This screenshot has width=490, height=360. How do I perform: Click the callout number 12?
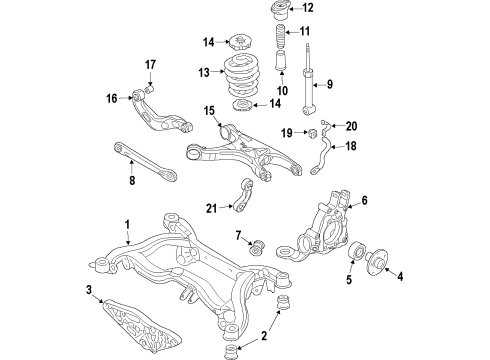click(x=308, y=7)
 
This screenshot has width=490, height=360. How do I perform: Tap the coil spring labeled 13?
click(x=241, y=76)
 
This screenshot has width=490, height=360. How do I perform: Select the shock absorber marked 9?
click(x=309, y=79)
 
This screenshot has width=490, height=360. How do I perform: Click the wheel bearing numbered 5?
click(x=356, y=251)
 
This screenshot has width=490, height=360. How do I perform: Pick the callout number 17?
click(x=150, y=64)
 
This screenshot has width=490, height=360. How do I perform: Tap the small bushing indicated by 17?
click(x=150, y=89)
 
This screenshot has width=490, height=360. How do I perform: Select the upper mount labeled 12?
click(x=281, y=10)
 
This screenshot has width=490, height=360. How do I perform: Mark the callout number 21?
click(x=211, y=209)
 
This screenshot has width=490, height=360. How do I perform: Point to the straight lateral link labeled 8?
click(x=145, y=161)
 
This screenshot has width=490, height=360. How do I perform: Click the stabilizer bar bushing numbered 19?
click(x=313, y=133)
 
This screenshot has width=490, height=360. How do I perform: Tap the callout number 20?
click(x=351, y=126)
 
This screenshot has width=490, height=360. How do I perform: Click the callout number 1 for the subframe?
click(x=127, y=225)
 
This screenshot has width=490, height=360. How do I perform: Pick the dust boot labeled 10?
click(x=281, y=60)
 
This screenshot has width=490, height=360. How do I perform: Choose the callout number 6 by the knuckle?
click(x=364, y=200)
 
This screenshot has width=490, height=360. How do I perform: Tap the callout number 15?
click(x=209, y=111)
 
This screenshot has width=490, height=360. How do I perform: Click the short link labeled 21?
click(x=243, y=196)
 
